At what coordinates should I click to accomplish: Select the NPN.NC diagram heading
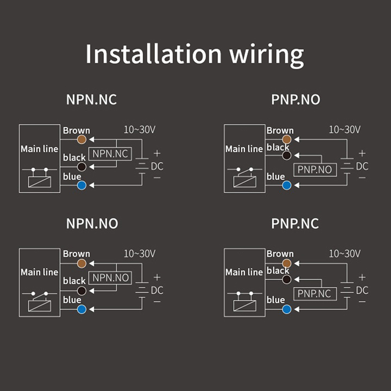tap(91, 100)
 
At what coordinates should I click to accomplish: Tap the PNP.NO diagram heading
tap(296, 100)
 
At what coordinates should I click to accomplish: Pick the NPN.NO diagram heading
tap(92, 223)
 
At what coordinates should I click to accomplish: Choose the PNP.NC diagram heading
tap(295, 223)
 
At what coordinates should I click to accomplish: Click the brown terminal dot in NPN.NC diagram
tap(82, 139)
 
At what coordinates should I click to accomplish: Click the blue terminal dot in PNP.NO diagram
tap(287, 185)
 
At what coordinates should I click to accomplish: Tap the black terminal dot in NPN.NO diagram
tap(82, 290)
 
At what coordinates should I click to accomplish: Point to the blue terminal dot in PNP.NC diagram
tap(287, 309)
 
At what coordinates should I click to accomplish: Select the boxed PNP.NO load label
tap(315, 170)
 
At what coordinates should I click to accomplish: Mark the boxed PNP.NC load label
tap(315, 293)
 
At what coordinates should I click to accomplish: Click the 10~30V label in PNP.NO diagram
tap(345, 130)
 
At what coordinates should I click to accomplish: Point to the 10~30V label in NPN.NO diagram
tap(139, 254)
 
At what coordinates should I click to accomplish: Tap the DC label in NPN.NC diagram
tap(157, 166)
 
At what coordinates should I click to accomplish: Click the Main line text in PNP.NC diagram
tap(244, 272)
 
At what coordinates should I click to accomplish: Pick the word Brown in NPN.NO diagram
tap(76, 254)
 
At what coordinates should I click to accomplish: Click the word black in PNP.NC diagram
tap(278, 270)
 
